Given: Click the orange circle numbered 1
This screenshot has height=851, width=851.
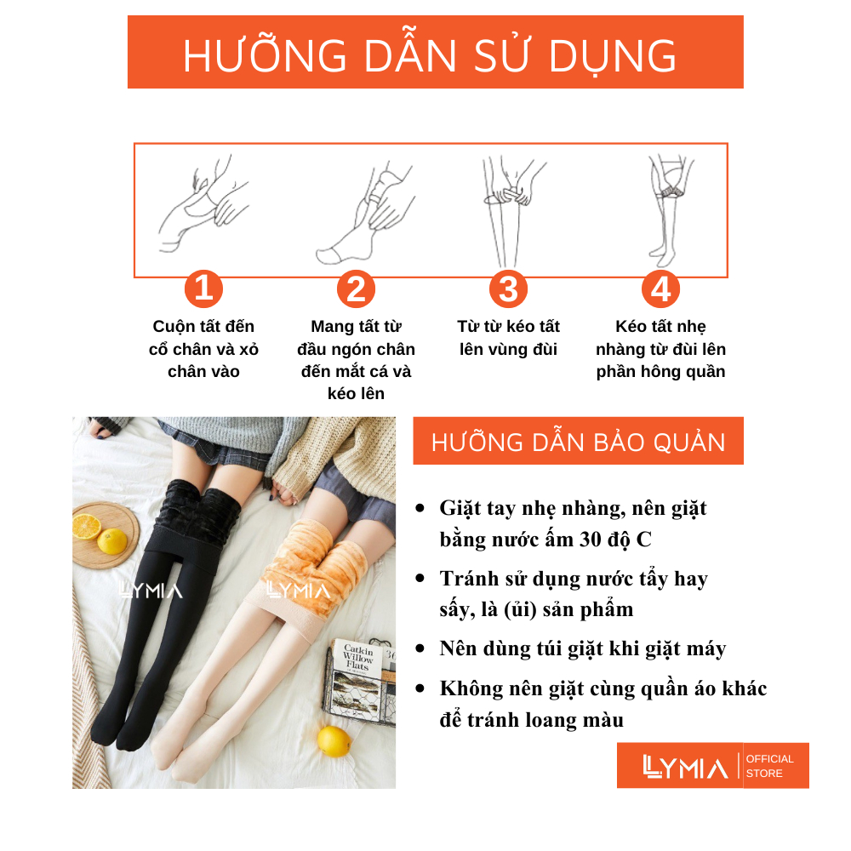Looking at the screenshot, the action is pos(203,288).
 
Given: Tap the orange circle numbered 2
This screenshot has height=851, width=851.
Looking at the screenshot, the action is pos(356,288).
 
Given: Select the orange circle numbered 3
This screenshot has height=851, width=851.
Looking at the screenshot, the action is pos(509,288).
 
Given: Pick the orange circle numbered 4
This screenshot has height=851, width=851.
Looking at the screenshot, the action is pos(660,288).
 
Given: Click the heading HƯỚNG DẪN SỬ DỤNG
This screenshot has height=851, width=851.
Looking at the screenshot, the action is pos(430,56).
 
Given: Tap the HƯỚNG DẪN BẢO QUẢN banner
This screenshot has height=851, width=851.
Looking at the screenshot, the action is pos(578,441).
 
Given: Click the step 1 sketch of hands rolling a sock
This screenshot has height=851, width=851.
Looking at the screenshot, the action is pos(204,204).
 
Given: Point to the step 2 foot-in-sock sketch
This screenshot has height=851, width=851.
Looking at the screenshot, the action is pos(366,214).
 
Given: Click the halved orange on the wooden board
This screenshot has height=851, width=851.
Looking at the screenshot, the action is pos(86,526).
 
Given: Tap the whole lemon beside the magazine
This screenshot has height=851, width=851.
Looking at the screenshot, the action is pos(334,741).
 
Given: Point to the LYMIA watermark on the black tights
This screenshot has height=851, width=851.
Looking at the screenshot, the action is pos(151,591).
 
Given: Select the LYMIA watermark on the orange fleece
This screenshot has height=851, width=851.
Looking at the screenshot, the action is pos(298,591).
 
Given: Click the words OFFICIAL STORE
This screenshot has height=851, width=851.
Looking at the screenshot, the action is pos(769,766).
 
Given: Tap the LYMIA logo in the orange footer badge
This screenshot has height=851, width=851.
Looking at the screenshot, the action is pos(685,767).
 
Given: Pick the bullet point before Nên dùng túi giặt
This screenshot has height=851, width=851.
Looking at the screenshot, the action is pos(420,648).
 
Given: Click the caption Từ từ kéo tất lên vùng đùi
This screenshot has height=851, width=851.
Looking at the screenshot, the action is pos(509,338).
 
